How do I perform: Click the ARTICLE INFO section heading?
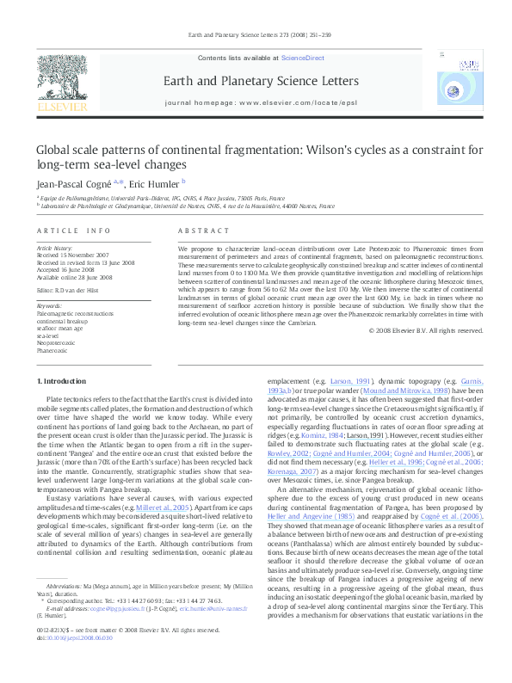[73, 231]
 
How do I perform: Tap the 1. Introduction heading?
[64, 381]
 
